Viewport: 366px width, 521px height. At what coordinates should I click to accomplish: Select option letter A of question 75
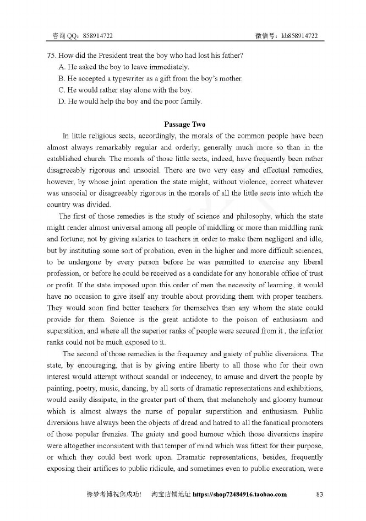coord(62,67)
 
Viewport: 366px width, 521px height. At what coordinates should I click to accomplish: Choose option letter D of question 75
coord(62,101)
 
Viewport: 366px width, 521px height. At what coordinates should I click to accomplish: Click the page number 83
coord(319,495)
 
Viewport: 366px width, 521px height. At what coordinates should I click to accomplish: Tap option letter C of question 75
coord(62,90)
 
